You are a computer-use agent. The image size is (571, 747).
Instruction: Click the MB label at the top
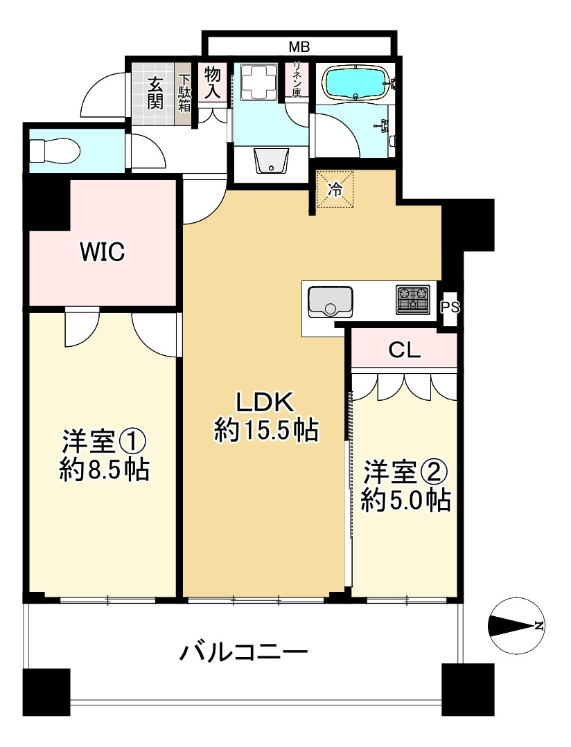[299, 47]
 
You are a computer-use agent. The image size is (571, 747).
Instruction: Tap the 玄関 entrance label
[155, 93]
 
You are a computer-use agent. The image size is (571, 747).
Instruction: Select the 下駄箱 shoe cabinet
[184, 93]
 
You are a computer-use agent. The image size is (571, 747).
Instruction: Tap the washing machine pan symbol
[259, 83]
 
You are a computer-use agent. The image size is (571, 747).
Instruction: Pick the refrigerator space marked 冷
[335, 190]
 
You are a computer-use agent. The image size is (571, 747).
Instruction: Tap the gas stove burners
[413, 299]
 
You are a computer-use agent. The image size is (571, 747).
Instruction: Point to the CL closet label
[404, 350]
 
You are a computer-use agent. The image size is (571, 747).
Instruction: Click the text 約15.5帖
[266, 431]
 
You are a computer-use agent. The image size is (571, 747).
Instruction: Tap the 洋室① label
[104, 440]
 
